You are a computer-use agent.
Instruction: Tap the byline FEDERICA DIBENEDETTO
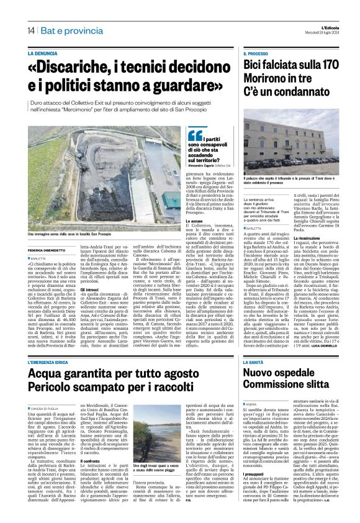coord(48,250)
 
